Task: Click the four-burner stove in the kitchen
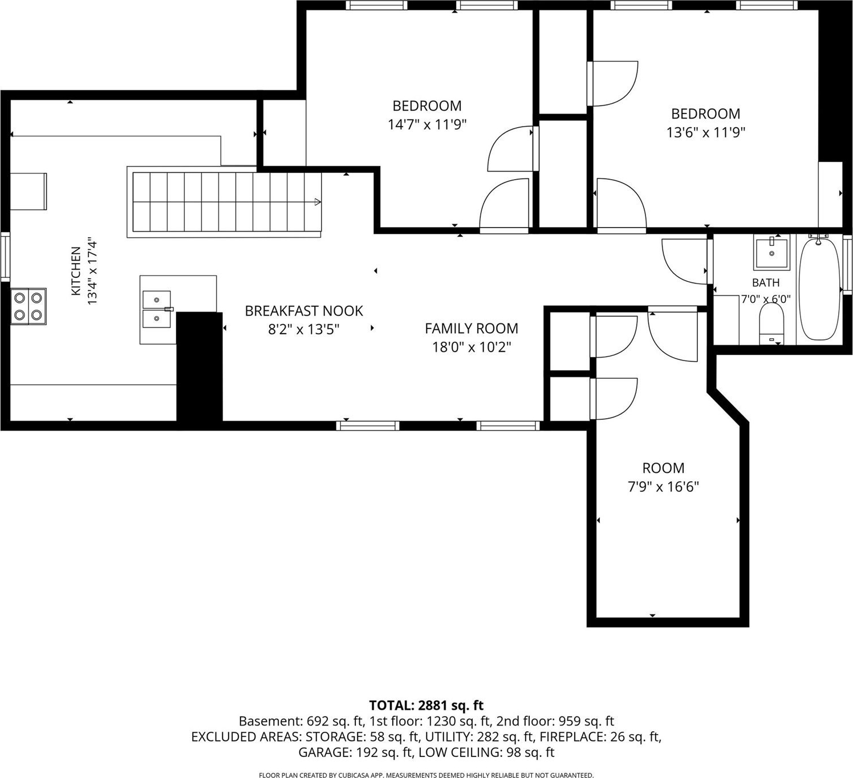coord(28,306)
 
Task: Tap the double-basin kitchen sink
coord(157,309)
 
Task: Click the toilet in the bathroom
coord(771,323)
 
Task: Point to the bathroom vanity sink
coord(771,253)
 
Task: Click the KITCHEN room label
coord(76,271)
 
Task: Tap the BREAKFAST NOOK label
coord(304,311)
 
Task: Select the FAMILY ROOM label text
coord(472,329)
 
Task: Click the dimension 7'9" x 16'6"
coord(663,487)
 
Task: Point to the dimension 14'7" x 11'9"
coord(427,125)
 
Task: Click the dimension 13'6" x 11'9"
coord(706,133)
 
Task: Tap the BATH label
coord(766,283)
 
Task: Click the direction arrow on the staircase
coord(318,201)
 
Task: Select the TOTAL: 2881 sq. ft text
coord(426,706)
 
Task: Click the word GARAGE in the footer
coord(324,752)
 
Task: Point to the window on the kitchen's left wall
coord(5,257)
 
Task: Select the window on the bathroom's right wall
coord(847,265)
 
